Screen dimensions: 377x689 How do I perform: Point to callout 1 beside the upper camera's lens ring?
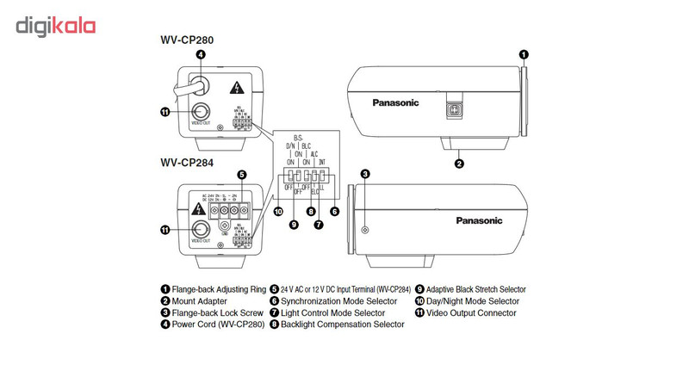click(524, 54)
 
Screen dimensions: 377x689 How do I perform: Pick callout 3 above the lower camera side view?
click(365, 174)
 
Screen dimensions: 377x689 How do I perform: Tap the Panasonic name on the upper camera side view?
click(395, 102)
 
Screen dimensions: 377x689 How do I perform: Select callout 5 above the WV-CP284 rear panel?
click(242, 174)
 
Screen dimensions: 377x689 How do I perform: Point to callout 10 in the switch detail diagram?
click(278, 211)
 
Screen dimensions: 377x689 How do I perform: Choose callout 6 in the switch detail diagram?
click(334, 211)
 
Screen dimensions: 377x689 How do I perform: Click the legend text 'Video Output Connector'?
click(471, 313)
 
